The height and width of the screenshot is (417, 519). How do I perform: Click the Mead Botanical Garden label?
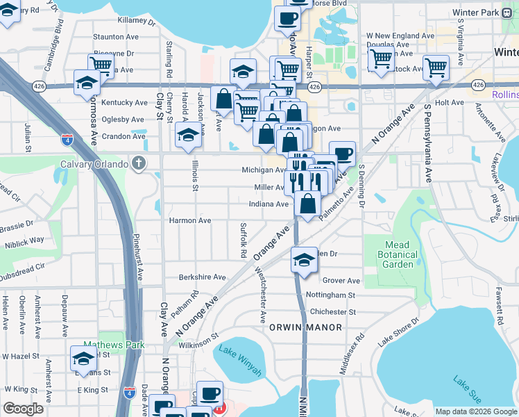[x=400, y=254]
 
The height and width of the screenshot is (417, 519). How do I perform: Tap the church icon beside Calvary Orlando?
[x=139, y=164]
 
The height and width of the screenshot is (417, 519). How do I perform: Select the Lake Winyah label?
[x=240, y=359]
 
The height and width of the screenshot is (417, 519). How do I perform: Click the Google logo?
[x=24, y=409]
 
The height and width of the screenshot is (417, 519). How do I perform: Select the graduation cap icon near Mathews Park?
[x=83, y=359]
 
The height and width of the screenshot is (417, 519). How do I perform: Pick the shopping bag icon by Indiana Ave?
[x=307, y=204]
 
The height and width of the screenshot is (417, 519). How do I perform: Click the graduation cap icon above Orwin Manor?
[x=304, y=260]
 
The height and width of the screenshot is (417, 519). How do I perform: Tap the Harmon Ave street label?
[x=190, y=220]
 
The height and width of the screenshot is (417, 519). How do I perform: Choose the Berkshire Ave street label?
[x=202, y=277]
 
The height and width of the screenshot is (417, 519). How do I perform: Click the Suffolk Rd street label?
[x=244, y=240]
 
